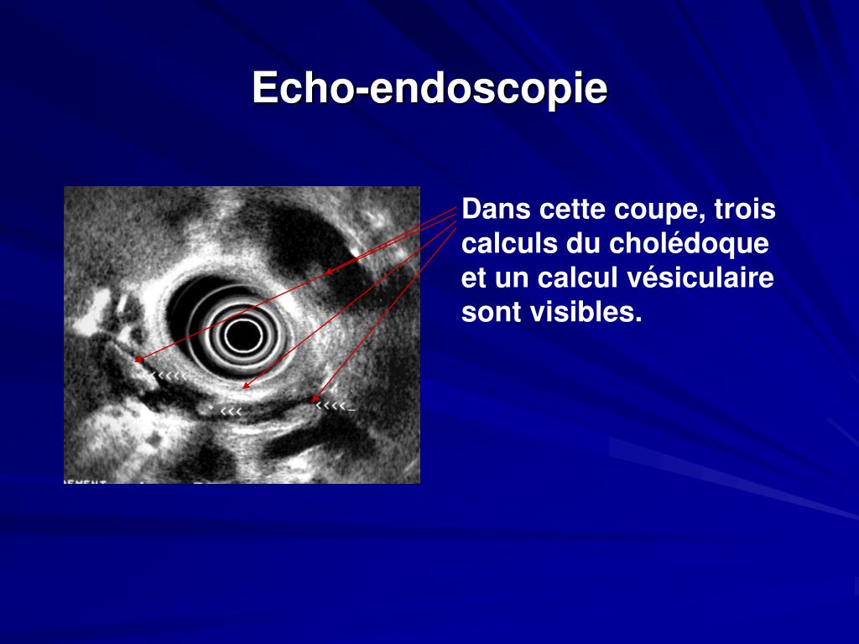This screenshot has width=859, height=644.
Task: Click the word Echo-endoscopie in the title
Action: tap(429, 88)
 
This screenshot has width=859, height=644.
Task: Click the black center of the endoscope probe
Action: tap(242, 335)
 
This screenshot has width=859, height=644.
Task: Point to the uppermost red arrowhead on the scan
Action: tap(329, 272)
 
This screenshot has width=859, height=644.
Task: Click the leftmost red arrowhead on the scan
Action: tap(138, 361)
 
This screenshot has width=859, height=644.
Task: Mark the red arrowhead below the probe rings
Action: tap(245, 387)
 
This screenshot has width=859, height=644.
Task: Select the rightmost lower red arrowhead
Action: tap(315, 399)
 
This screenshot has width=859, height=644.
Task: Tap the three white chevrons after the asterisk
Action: tap(232, 411)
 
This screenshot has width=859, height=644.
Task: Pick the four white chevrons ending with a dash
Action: tap(336, 407)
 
